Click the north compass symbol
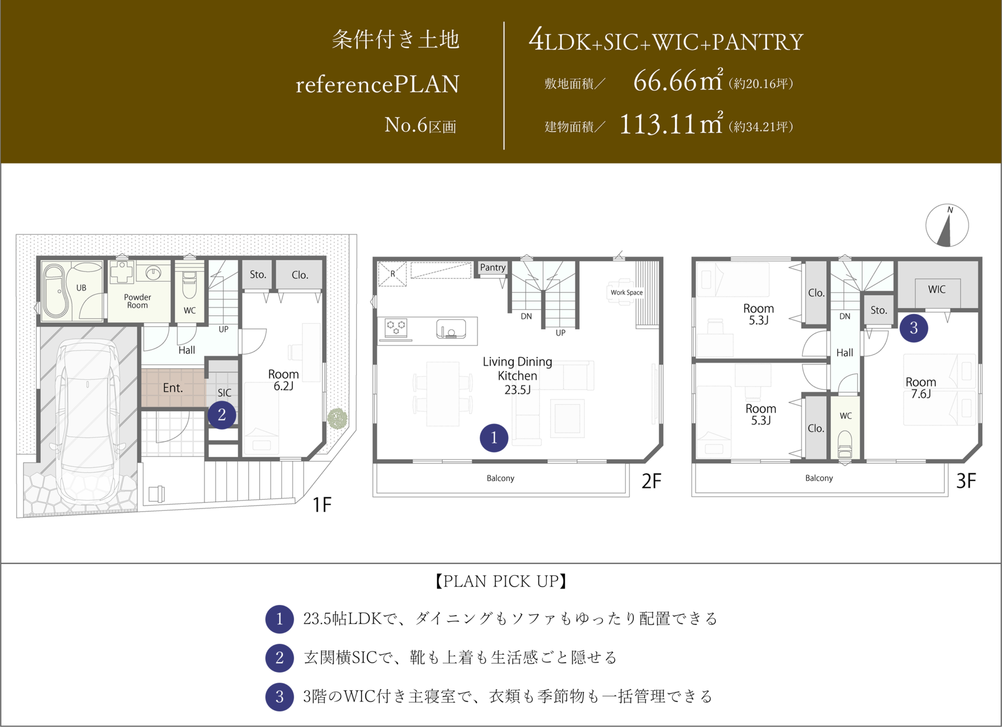[x=947, y=225]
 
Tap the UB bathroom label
[x=81, y=288]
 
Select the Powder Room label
[x=137, y=301]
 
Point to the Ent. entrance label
[x=173, y=388]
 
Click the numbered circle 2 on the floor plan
[x=222, y=415]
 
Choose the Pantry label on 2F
[x=493, y=268]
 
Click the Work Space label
[x=627, y=293]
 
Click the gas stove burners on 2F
[x=396, y=328]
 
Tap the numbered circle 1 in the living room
[x=494, y=438]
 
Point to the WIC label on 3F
[x=937, y=290]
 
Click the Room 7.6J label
[x=921, y=388]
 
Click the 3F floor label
[x=966, y=481]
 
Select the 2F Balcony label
[x=500, y=478]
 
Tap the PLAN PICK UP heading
[x=501, y=581]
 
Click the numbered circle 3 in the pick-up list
[x=280, y=697]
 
